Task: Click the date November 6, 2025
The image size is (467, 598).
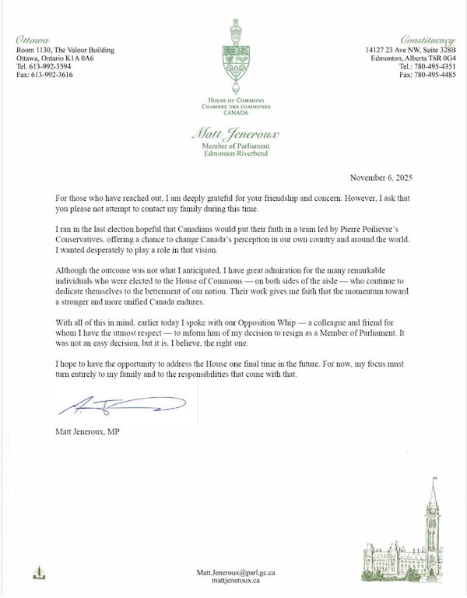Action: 384,177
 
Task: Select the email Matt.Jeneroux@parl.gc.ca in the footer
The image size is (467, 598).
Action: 233,572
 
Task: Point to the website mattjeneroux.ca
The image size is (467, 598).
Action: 233,580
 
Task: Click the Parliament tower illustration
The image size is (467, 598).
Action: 432,522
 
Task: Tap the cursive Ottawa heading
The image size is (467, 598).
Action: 33,39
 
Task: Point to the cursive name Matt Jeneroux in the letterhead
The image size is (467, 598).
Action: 233,135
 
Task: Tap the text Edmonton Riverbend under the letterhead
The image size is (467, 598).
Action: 233,152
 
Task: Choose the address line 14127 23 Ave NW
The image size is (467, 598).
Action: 399,50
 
